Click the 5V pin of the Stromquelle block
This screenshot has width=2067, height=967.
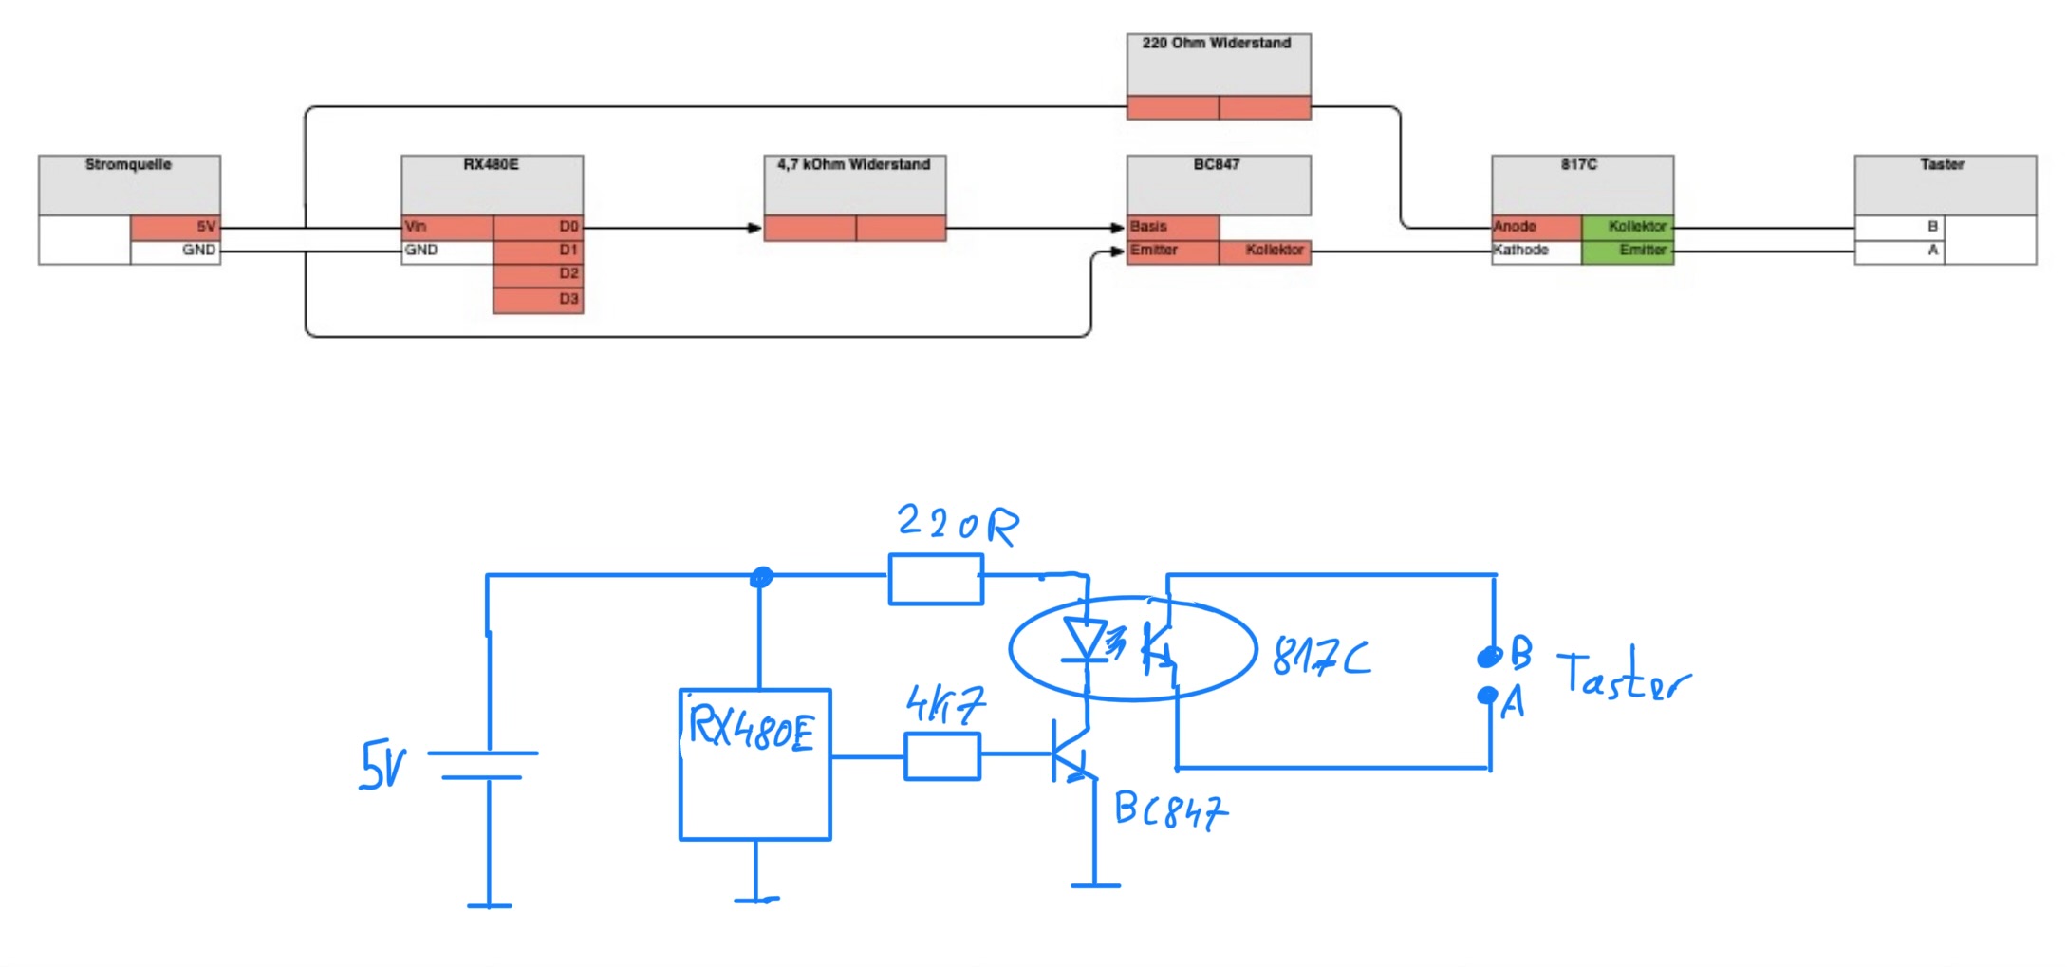tap(176, 228)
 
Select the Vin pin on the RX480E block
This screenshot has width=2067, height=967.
tap(447, 228)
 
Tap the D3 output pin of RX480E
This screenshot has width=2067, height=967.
tap(538, 300)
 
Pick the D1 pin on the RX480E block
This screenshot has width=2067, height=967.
tap(538, 251)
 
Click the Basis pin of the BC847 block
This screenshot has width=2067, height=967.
tap(1173, 228)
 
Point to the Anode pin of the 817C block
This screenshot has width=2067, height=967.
tap(1536, 228)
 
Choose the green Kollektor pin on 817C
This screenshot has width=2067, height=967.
tap(1628, 228)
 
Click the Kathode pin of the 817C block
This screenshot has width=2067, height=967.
tap(1536, 251)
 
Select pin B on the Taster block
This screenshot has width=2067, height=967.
tap(1900, 228)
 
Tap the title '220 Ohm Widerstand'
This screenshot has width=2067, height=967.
tap(1217, 44)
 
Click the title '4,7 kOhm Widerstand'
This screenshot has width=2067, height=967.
tap(854, 165)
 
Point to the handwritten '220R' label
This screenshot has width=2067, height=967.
tap(958, 524)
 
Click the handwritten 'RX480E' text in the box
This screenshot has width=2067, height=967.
tap(751, 729)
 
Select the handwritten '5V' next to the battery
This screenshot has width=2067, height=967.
tap(382, 766)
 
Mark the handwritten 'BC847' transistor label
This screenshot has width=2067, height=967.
tap(1171, 811)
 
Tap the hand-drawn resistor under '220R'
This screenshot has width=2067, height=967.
tap(936, 580)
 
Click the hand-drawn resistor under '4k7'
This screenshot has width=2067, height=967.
tap(942, 756)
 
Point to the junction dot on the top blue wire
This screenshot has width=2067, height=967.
tap(761, 577)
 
